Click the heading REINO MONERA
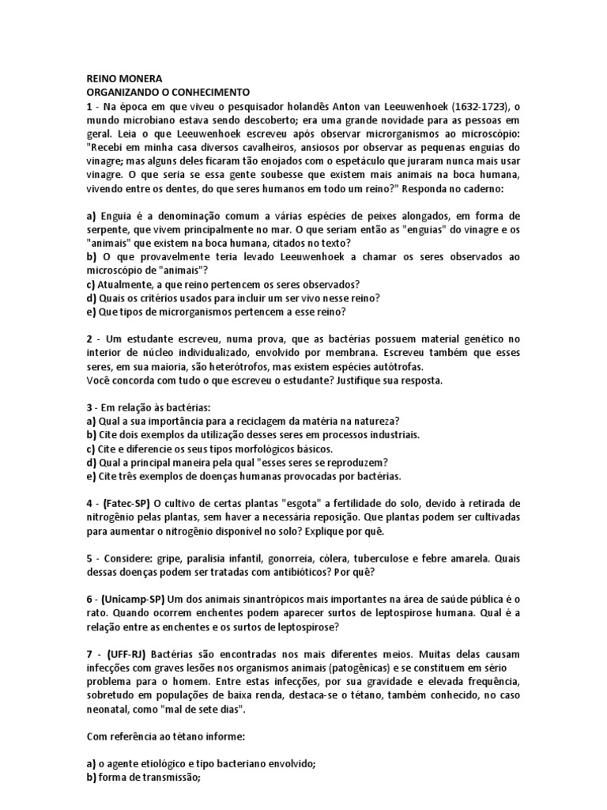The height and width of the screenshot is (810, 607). (123, 79)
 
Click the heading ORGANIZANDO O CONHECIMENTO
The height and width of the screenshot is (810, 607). (168, 92)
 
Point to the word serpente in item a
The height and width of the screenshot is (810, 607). (109, 230)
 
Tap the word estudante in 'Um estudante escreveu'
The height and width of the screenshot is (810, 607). (154, 339)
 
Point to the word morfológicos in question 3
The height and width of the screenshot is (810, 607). (271, 448)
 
